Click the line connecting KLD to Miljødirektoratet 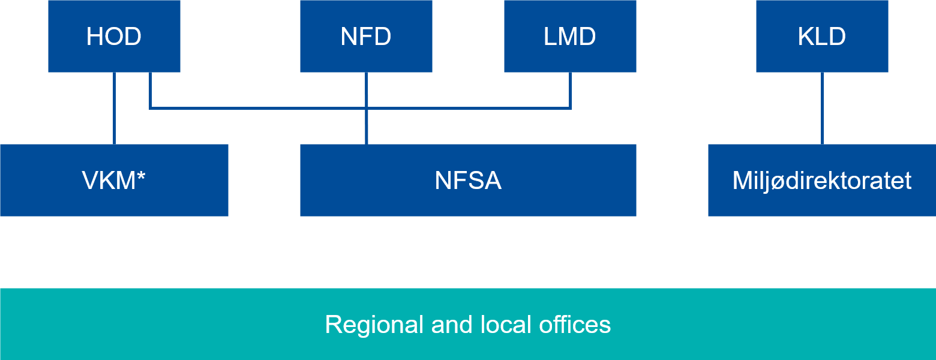tap(822, 108)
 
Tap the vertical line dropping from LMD tap(570, 90)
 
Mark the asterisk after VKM tap(141, 176)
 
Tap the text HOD tap(114, 37)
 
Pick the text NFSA tap(468, 181)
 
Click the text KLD tap(822, 37)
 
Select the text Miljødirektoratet tap(822, 181)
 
